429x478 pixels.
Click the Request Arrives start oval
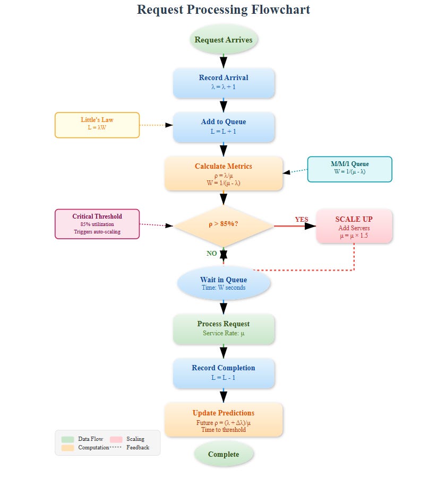[x=224, y=40]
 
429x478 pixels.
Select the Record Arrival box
[x=224, y=82]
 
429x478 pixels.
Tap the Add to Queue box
[x=224, y=126]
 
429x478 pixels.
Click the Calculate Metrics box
[x=224, y=173]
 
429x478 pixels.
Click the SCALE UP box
[x=354, y=226]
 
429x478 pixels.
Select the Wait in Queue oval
[x=224, y=283]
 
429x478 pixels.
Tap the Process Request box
[x=224, y=328]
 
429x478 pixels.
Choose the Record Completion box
[x=224, y=372]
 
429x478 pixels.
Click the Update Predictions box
[x=224, y=419]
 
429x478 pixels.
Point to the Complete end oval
[x=224, y=454]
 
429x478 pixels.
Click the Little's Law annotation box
[x=97, y=125]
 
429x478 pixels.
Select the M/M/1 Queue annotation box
[x=349, y=169]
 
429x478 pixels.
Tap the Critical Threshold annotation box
[x=97, y=223]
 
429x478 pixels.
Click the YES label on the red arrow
[x=302, y=219]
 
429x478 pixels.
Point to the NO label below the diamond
[x=211, y=254]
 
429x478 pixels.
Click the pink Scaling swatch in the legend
[x=116, y=439]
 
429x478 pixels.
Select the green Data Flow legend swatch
[x=67, y=439]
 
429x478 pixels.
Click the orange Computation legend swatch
[x=67, y=448]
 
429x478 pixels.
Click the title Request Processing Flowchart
[x=224, y=10]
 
